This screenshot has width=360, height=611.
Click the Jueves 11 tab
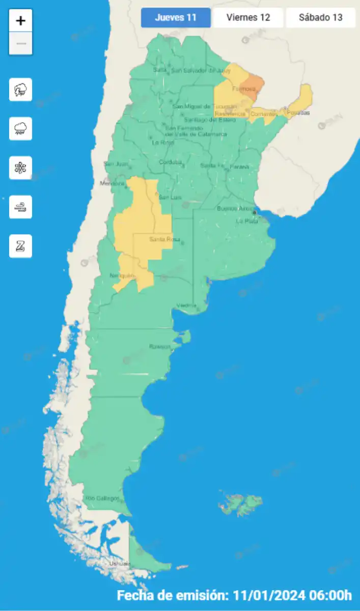pos(176,17)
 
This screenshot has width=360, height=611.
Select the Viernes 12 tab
pos(248,17)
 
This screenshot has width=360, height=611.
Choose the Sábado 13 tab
pos(320,17)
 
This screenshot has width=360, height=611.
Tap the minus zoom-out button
pos(21,44)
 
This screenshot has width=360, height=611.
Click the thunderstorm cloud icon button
pos(21,90)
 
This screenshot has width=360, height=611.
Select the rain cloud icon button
pos(21,129)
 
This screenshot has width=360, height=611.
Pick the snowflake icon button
pos(21,168)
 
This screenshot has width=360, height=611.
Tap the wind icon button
pos(21,207)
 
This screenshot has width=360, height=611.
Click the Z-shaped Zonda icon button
pos(21,246)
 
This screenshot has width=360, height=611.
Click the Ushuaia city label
pos(120,564)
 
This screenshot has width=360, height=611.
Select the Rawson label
pos(159,347)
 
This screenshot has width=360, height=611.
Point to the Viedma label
pos(186,305)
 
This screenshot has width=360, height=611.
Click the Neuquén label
pos(122,276)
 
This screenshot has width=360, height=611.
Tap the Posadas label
pos(298,113)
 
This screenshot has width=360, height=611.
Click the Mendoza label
pos(113,183)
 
